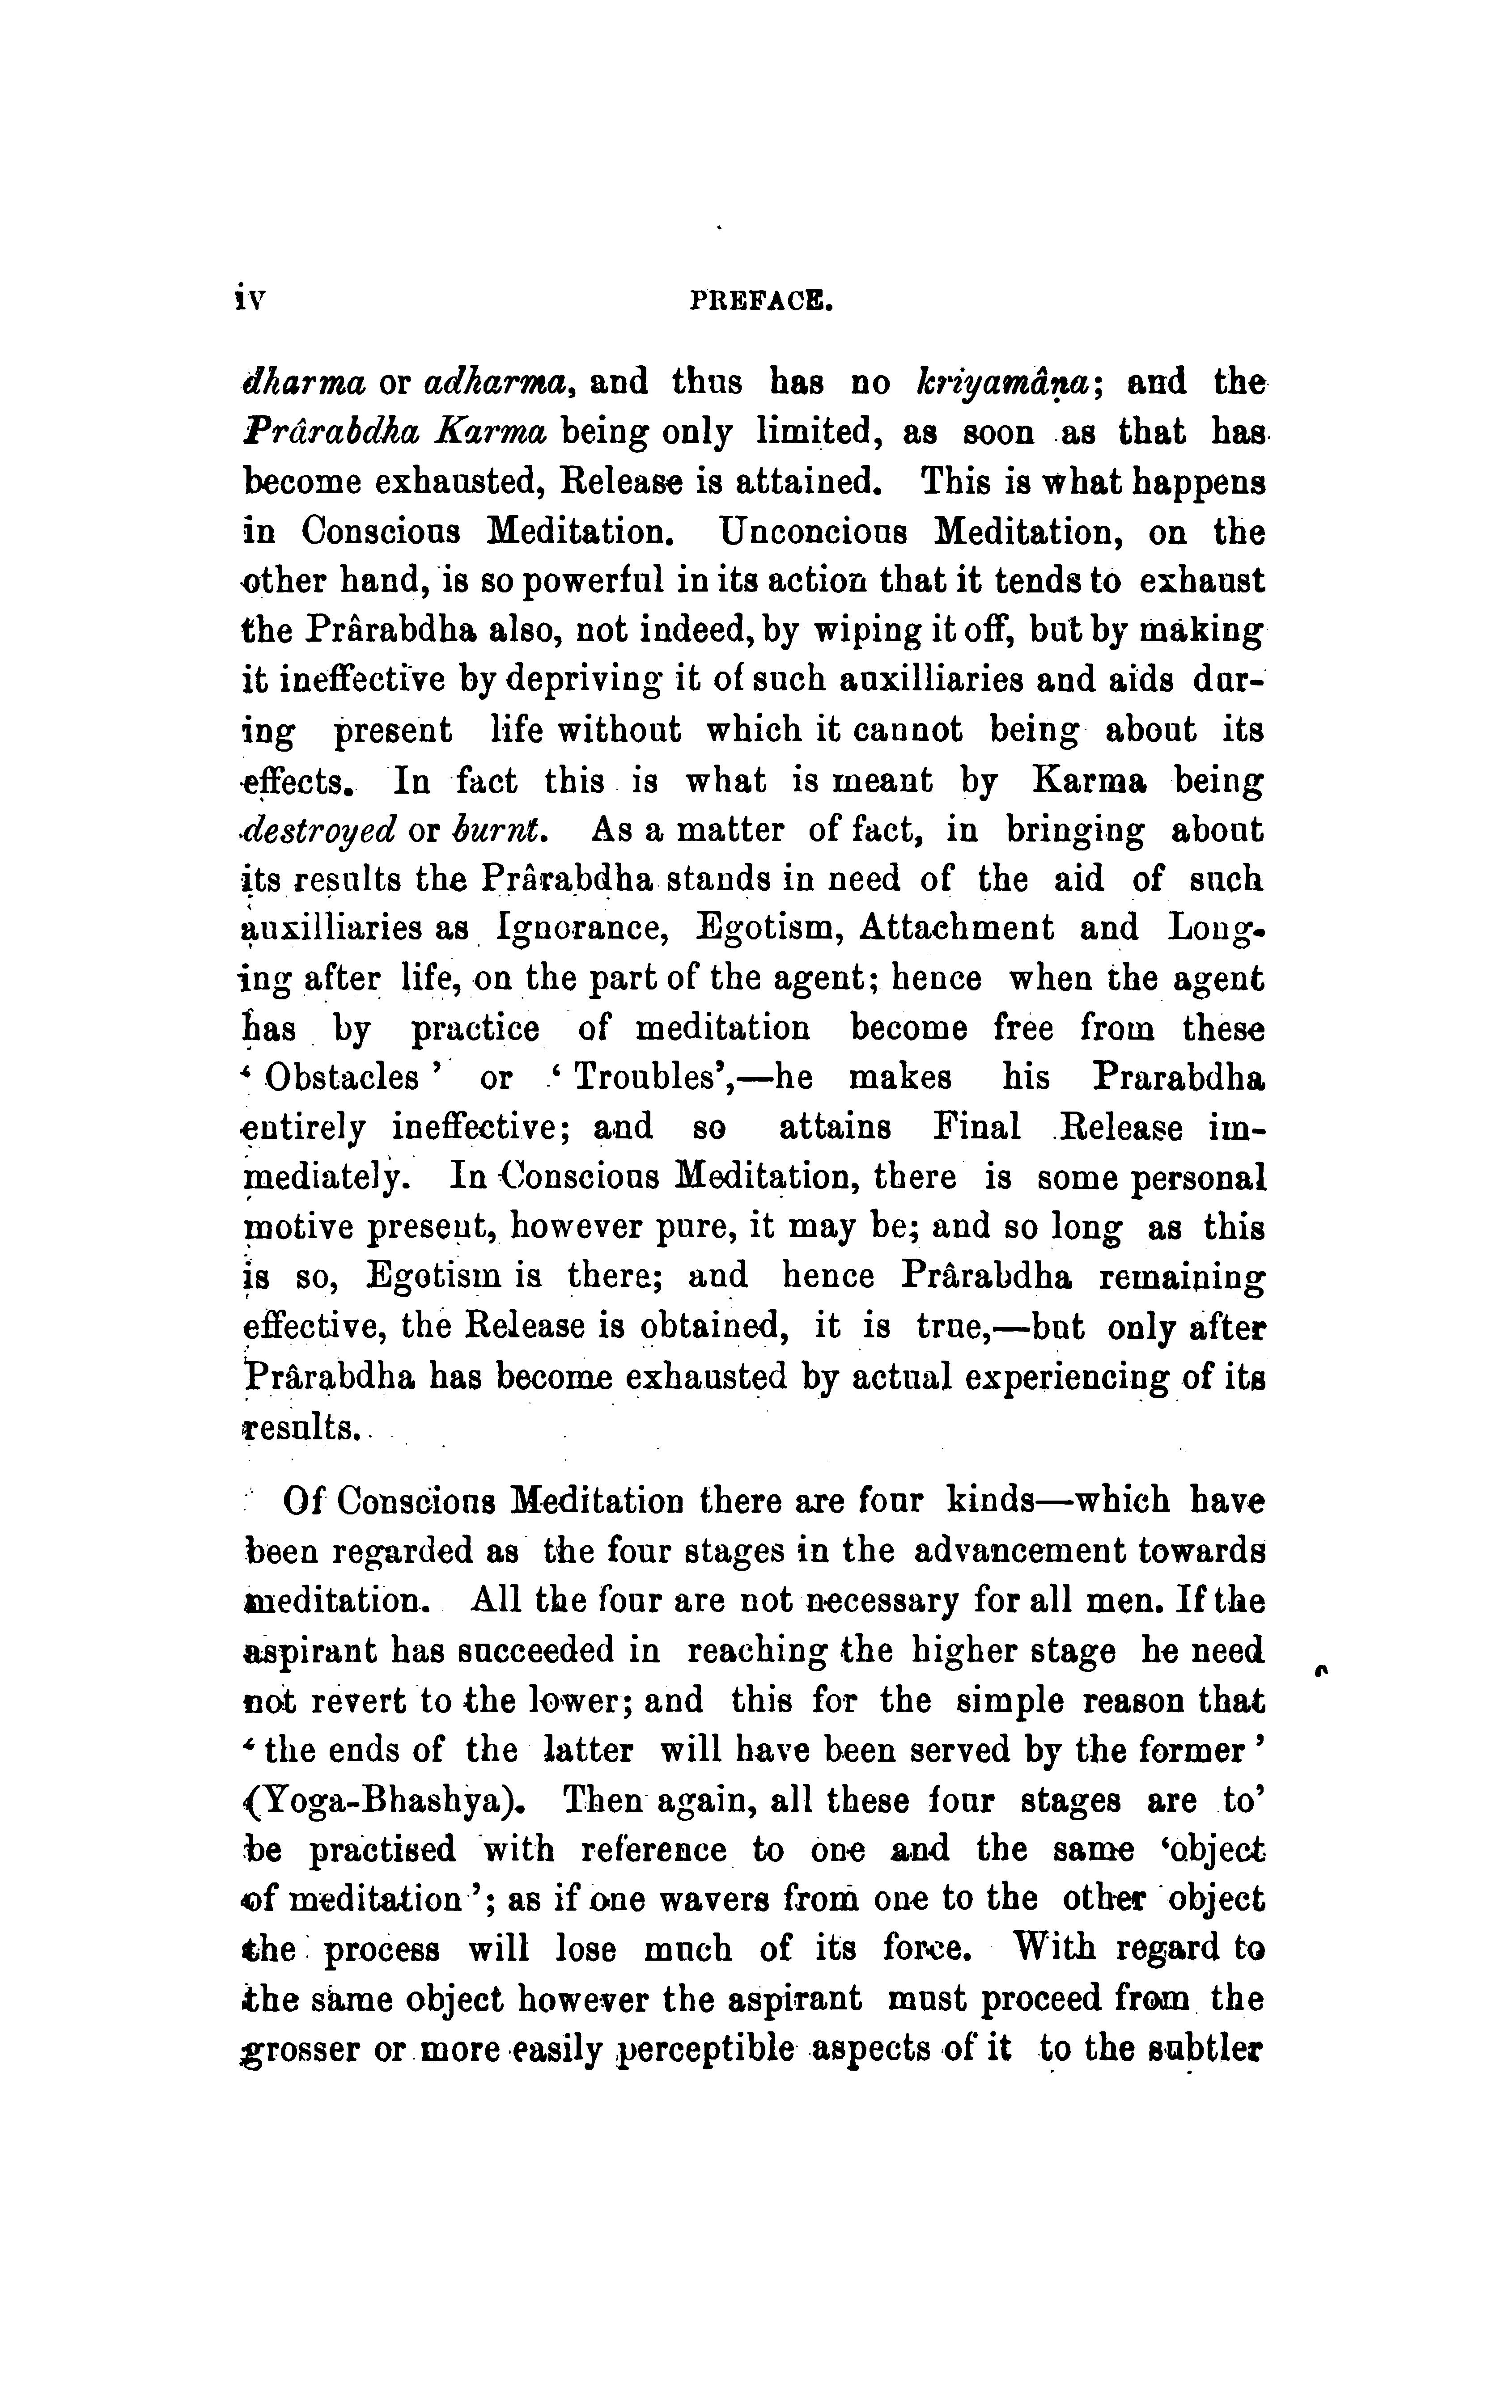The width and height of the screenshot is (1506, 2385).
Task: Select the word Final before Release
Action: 976,1127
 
